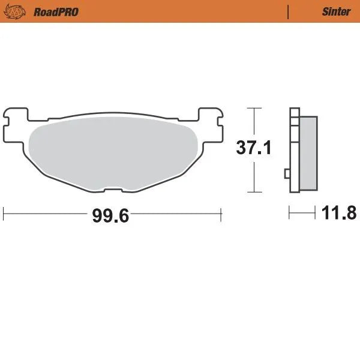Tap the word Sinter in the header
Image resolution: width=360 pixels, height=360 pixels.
pyautogui.click(x=336, y=11)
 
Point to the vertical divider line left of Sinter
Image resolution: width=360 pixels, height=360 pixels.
pyautogui.click(x=289, y=11)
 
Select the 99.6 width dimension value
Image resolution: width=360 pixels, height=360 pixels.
pyautogui.click(x=110, y=215)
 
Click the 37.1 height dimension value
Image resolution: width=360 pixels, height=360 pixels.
pyautogui.click(x=254, y=147)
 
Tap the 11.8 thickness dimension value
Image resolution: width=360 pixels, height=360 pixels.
pyautogui.click(x=340, y=212)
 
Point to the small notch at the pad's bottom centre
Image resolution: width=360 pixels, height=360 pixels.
pyautogui.click(x=113, y=190)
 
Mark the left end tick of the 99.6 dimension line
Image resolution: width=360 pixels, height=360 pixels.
pyautogui.click(x=4, y=214)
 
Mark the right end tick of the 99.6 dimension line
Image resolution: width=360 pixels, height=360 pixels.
pyautogui.click(x=222, y=214)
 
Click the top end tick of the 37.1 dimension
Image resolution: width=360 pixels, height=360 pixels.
pyautogui.click(x=255, y=109)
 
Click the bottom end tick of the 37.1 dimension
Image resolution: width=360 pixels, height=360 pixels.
pyautogui.click(x=255, y=193)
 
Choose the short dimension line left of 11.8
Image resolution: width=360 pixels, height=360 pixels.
pyautogui.click(x=302, y=212)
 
